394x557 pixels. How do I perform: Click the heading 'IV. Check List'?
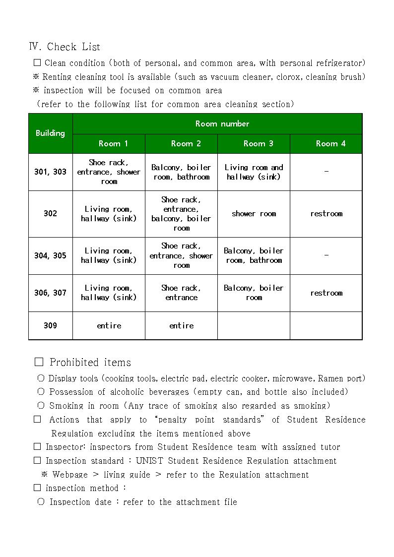(65, 47)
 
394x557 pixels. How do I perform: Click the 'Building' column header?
(50, 133)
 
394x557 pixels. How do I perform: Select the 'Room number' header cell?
(222, 124)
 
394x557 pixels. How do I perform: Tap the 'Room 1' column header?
(113, 143)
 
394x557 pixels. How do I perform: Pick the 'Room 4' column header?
(330, 143)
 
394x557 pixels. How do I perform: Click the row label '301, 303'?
(50, 172)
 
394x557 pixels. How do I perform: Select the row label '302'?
(50, 214)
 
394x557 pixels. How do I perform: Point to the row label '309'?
(50, 325)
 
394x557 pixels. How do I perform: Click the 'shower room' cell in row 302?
(254, 214)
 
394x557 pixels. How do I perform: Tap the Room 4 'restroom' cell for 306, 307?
(326, 293)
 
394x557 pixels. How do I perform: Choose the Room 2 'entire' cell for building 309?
(181, 325)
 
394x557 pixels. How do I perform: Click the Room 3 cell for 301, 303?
(254, 172)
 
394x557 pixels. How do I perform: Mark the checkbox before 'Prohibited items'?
(39, 362)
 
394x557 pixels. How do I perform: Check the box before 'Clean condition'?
(37, 63)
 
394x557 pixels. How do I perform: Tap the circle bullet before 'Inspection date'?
(41, 502)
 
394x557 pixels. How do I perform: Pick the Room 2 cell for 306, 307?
(181, 293)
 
